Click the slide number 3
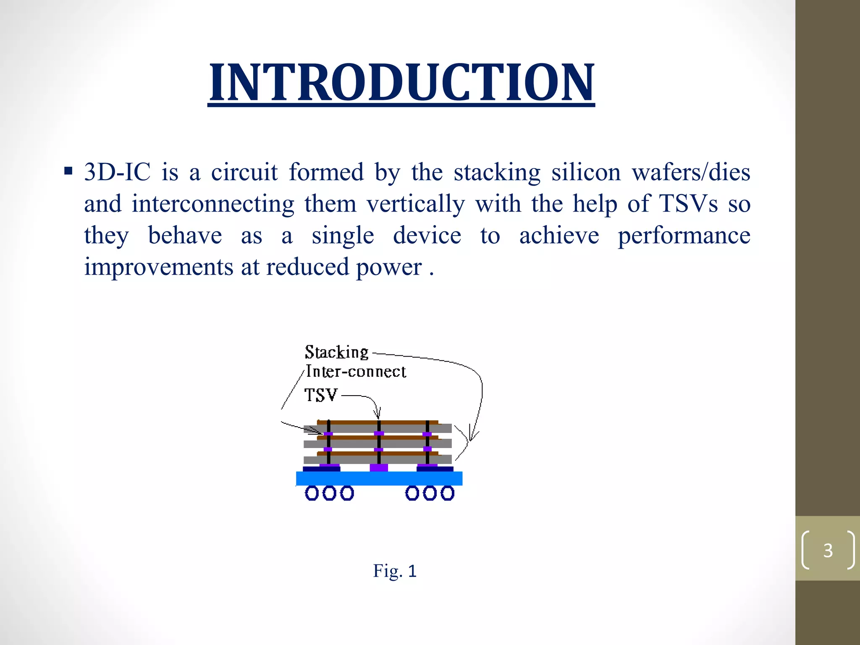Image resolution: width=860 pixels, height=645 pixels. [828, 550]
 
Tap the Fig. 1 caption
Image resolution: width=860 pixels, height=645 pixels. [395, 571]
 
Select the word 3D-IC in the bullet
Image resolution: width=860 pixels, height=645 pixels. [117, 172]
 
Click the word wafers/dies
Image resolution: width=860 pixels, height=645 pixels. [691, 172]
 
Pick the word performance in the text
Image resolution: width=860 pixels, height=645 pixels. [684, 235]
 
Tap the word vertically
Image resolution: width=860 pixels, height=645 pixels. [416, 204]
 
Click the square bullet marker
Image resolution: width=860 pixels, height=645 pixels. [68, 171]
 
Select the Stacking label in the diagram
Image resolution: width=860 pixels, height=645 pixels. [336, 352]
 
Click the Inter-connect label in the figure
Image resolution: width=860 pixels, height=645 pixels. [356, 372]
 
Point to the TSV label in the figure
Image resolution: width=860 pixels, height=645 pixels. [321, 395]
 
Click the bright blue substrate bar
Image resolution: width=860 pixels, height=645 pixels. [379, 478]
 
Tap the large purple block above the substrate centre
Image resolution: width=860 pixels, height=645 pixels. [379, 467]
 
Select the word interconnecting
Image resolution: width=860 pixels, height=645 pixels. [213, 204]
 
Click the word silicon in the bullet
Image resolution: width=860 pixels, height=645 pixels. [586, 172]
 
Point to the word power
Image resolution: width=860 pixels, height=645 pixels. [389, 267]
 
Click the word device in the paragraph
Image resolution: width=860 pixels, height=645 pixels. [427, 235]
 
